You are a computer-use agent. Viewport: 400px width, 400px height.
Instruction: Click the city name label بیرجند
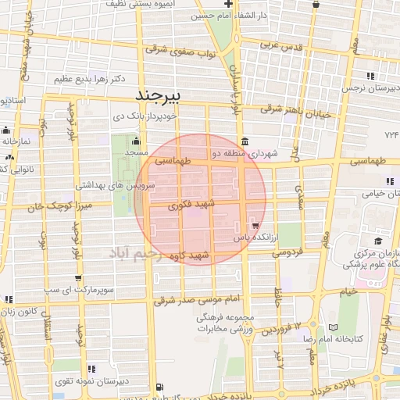click(x=159, y=95)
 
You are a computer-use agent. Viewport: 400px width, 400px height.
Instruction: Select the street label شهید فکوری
click(x=185, y=205)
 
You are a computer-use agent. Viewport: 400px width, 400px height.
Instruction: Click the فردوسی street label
click(x=286, y=253)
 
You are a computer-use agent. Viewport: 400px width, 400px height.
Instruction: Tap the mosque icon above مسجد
click(x=137, y=142)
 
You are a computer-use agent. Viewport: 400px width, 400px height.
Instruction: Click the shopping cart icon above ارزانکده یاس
click(x=255, y=226)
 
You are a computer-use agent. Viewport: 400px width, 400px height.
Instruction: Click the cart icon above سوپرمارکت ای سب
click(x=77, y=278)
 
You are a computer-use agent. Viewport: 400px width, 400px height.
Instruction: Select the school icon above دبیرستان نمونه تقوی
click(x=92, y=369)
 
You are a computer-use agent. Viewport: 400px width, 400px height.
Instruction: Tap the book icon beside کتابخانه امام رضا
click(x=334, y=327)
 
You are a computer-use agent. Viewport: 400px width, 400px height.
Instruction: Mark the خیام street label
click(x=348, y=290)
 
